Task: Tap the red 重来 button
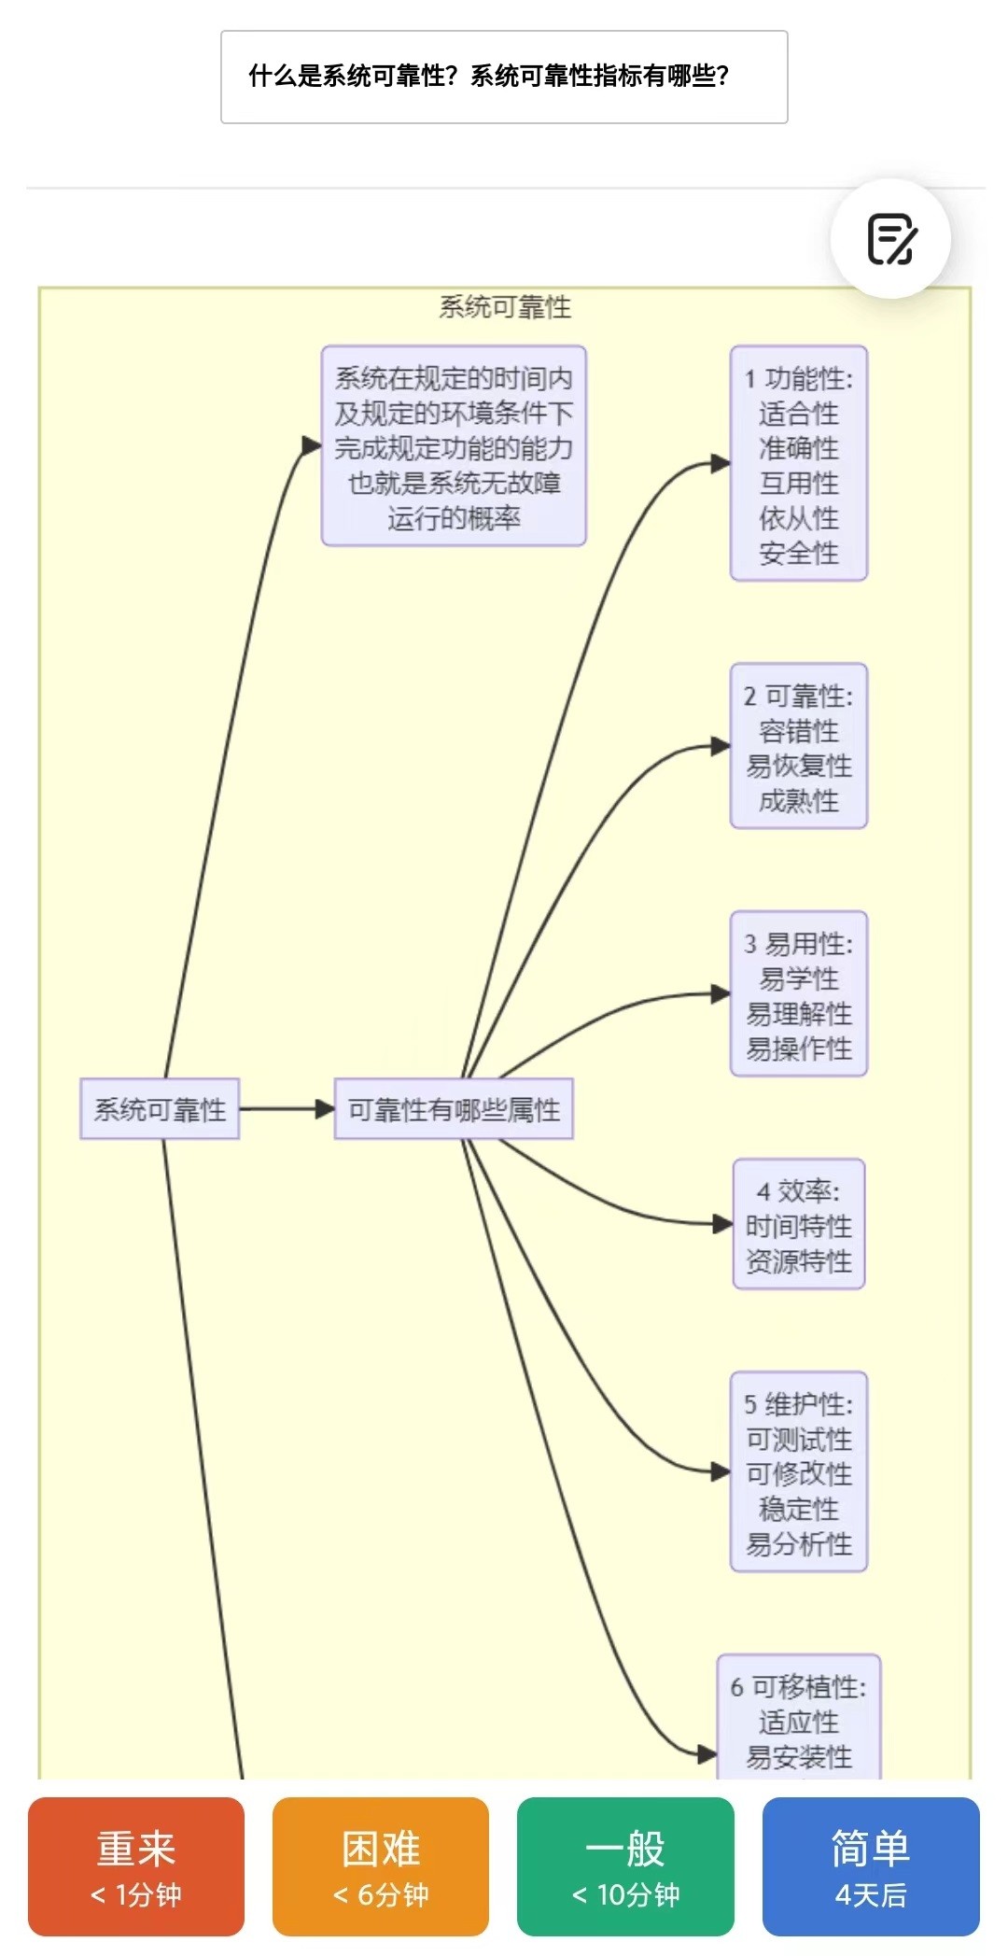coord(136,1866)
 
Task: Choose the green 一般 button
coord(625,1866)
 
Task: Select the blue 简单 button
coord(871,1866)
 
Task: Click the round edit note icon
coord(891,239)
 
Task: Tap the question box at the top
coord(504,77)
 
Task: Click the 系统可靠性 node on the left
coord(160,1109)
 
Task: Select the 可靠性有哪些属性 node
coord(454,1109)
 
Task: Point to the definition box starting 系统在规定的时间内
coord(454,446)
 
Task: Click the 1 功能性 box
coord(799,464)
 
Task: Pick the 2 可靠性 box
coord(799,746)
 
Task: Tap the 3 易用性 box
coord(799,994)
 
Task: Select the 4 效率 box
coord(799,1225)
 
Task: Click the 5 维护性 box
coord(799,1472)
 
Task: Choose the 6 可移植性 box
coord(799,1718)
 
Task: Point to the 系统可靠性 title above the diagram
coord(505,307)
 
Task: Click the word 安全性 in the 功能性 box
coord(799,553)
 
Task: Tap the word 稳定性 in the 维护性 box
coord(799,1509)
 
